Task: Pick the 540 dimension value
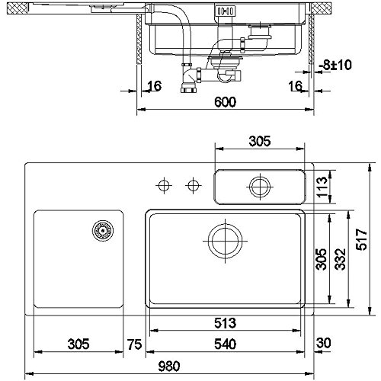tap(226, 344)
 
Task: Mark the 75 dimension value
tap(135, 344)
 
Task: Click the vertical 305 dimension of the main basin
tap(322, 261)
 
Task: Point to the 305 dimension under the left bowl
tap(79, 344)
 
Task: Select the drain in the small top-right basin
tap(260, 186)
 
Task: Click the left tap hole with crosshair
tap(163, 185)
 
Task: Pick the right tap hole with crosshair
tap(194, 185)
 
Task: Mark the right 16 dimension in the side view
tap(296, 87)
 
